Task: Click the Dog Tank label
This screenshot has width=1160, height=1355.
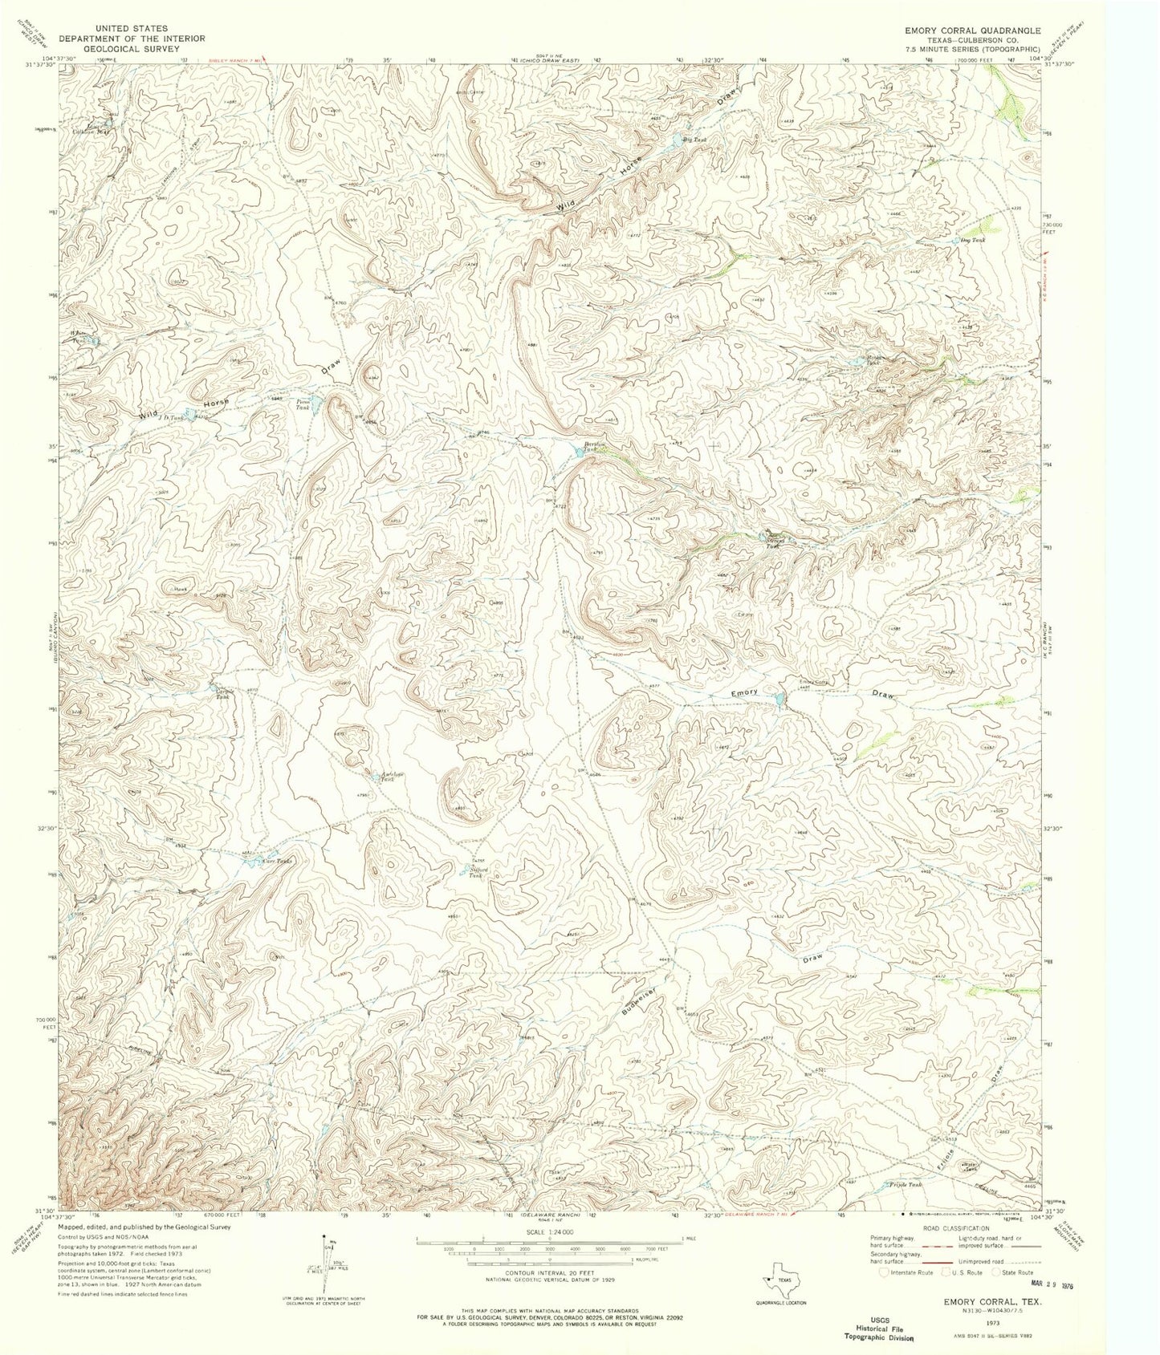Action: coord(972,240)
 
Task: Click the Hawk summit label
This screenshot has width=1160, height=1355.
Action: coord(180,588)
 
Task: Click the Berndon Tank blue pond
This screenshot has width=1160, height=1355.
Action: coord(579,452)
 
